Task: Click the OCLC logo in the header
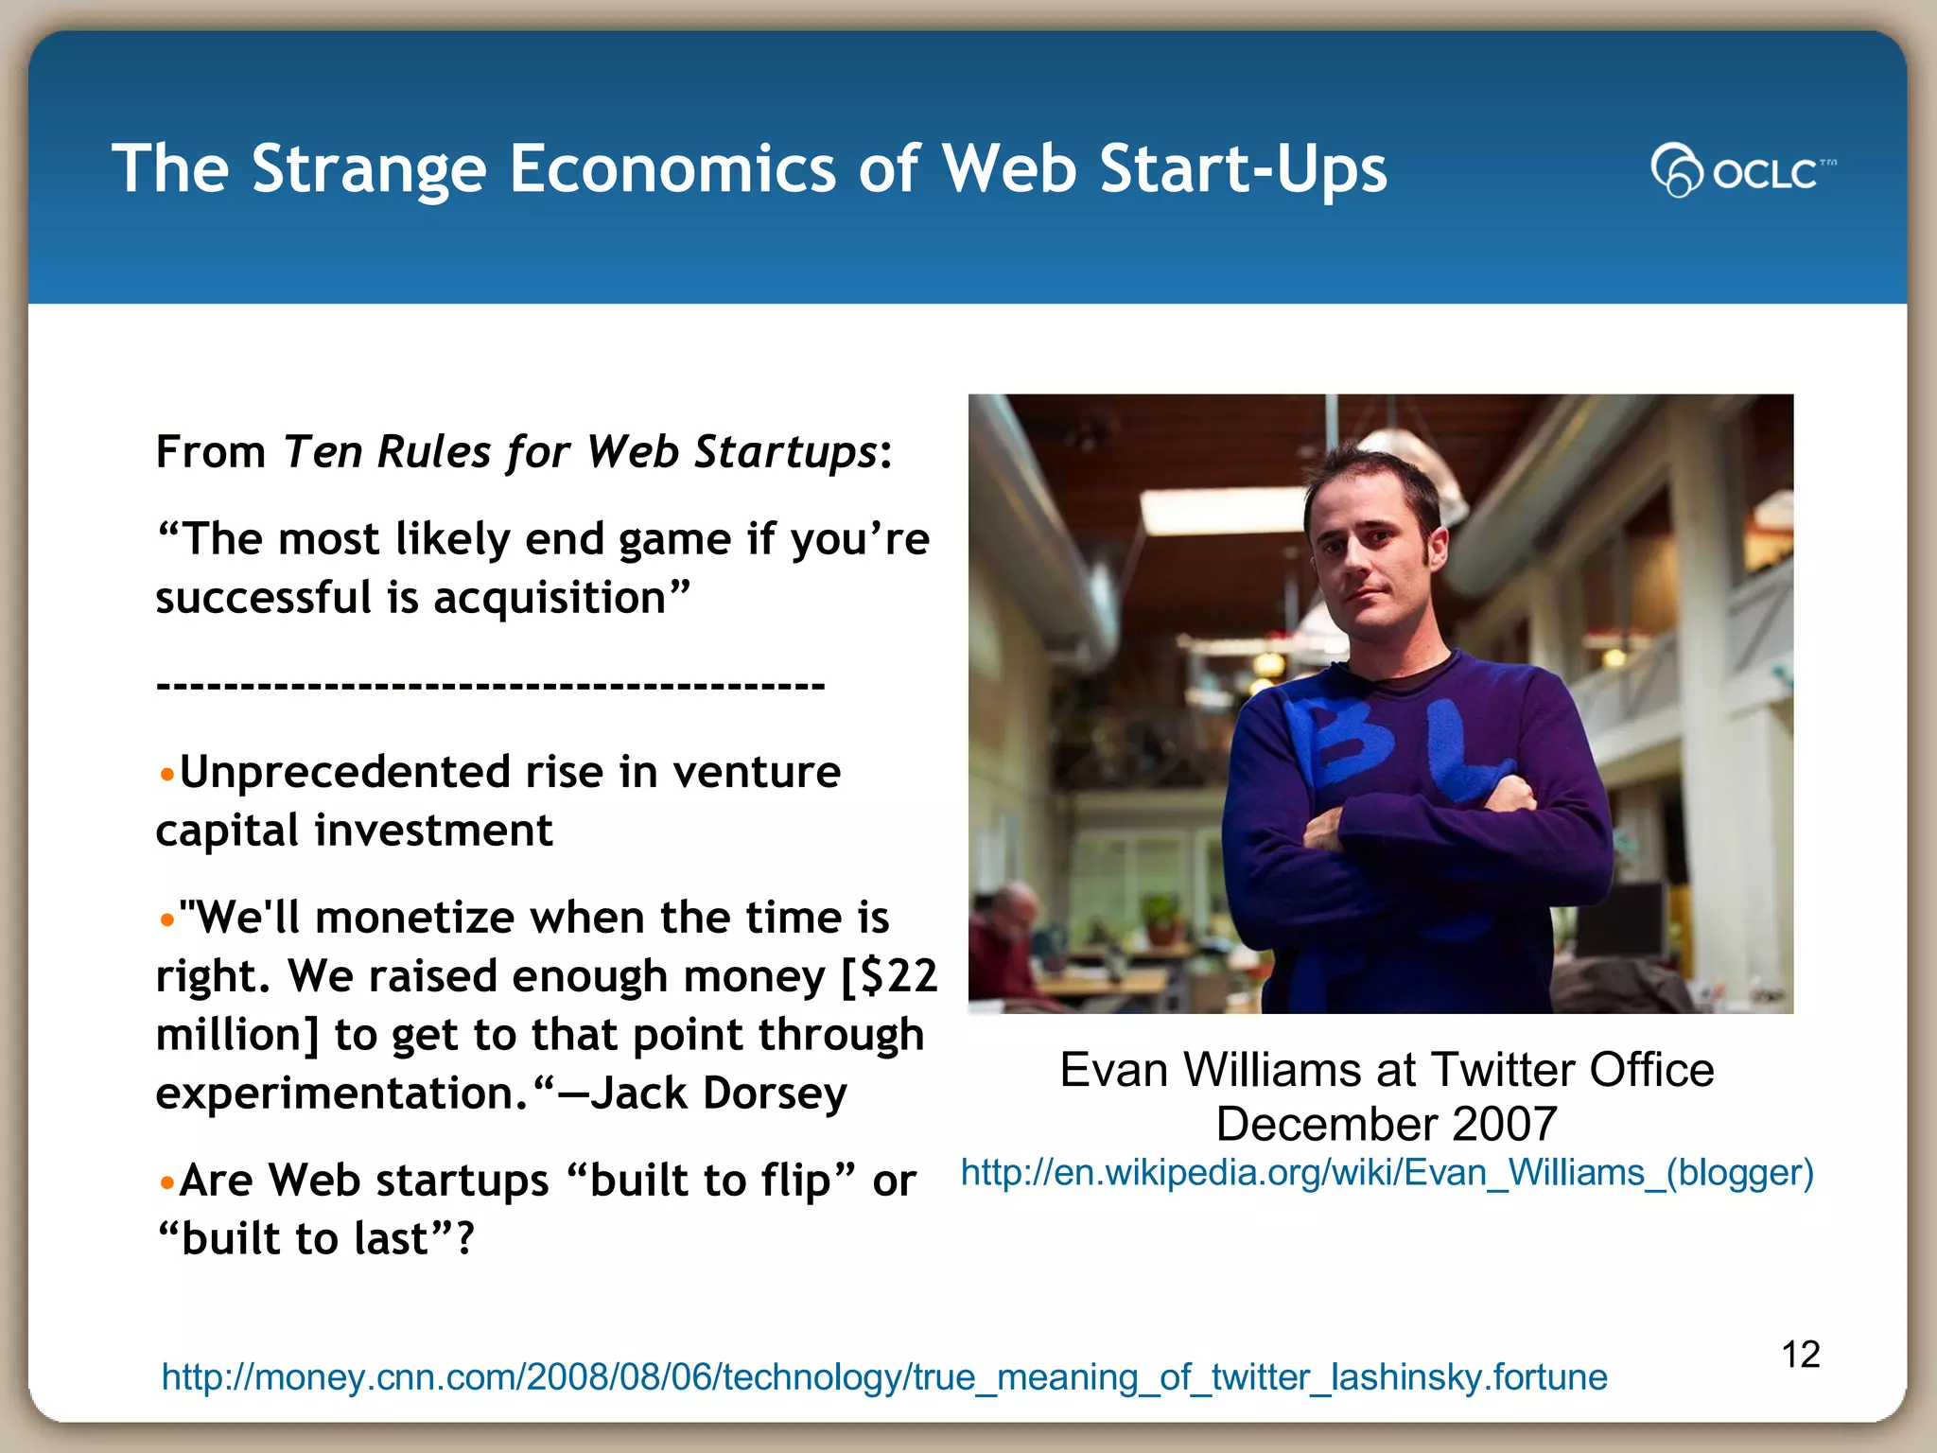1742,170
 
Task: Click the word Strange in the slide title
369,170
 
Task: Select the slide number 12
1801,1355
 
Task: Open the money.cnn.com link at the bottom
884,1377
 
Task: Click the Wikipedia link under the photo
1387,1173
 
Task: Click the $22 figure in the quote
899,976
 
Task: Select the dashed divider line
490,684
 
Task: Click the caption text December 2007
1387,1124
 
